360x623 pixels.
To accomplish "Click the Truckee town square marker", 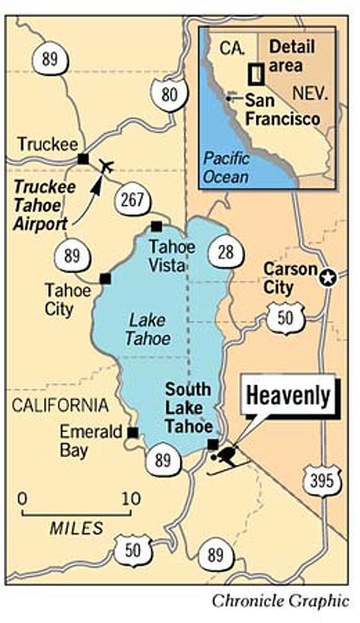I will click(83, 159).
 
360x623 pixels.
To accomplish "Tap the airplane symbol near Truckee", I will click(107, 166).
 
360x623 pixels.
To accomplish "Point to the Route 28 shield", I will click(226, 252).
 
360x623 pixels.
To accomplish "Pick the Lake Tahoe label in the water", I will click(148, 330).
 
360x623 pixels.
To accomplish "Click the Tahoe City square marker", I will click(105, 279).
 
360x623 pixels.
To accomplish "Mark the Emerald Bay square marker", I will click(133, 433).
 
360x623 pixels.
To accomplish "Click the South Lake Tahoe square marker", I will click(213, 444).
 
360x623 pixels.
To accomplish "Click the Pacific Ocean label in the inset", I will click(226, 168).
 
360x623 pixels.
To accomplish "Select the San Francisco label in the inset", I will click(282, 110).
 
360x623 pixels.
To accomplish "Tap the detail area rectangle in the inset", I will click(256, 74).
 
